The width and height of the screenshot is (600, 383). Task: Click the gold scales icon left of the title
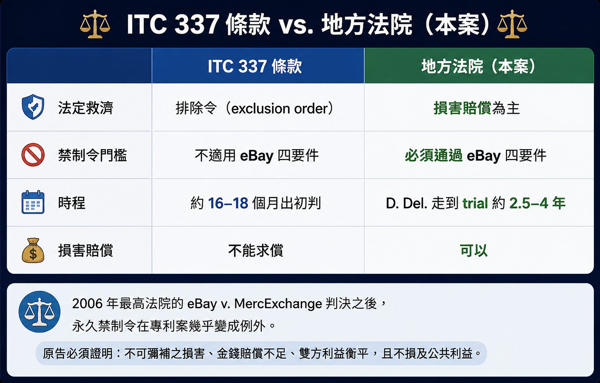(x=95, y=24)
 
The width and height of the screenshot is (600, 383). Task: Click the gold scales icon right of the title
(x=512, y=24)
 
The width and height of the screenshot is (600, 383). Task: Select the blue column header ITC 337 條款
(x=255, y=66)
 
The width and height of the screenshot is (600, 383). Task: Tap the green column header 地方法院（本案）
(x=478, y=66)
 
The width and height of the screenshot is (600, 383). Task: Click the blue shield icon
(x=33, y=107)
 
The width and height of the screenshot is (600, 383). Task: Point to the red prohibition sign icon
(x=33, y=155)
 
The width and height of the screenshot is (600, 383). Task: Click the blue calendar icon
(x=33, y=202)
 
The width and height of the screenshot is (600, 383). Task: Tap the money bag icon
(x=33, y=250)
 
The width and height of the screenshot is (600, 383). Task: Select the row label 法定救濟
(x=85, y=108)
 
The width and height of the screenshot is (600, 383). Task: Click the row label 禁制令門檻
(x=92, y=155)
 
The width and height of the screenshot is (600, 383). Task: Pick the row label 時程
(x=72, y=203)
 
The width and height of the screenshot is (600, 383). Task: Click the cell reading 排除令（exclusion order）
(x=255, y=108)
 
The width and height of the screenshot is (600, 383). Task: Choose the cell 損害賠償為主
(x=476, y=108)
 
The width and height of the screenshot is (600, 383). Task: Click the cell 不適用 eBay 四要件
(x=257, y=156)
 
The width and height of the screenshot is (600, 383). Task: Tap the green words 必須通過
(x=434, y=156)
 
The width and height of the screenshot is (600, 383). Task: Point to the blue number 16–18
(x=228, y=203)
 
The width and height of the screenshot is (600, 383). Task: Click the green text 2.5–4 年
(x=537, y=203)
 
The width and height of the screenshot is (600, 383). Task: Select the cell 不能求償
(x=255, y=250)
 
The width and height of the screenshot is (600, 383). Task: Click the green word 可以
(x=473, y=250)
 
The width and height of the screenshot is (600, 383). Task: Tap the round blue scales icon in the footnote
(x=40, y=312)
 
